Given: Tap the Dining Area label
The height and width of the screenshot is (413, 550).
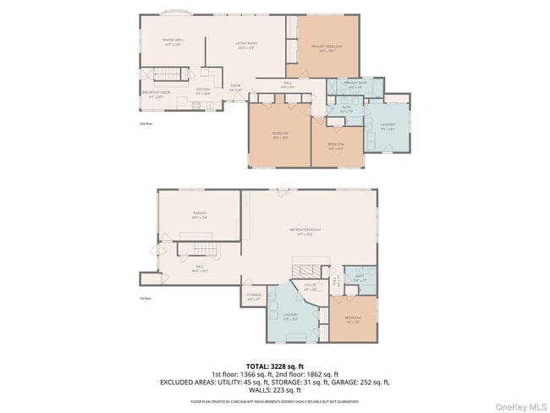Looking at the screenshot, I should pyautogui.click(x=173, y=41).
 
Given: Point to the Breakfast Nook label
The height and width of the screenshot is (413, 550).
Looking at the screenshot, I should pyautogui.click(x=156, y=93).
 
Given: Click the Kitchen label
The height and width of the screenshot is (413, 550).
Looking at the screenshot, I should pyautogui.click(x=203, y=90).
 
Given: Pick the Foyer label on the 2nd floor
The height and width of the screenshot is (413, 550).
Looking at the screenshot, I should pyautogui.click(x=235, y=86).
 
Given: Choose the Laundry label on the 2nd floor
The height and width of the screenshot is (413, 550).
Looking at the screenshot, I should pyautogui.click(x=388, y=125).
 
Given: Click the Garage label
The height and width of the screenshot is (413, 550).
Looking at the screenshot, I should pyautogui.click(x=200, y=215).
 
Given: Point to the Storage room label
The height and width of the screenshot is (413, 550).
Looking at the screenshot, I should pyautogui.click(x=254, y=297).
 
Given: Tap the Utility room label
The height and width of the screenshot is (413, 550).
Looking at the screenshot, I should pyautogui.click(x=311, y=286).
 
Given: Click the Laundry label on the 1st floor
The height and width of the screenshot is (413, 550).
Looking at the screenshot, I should pyautogui.click(x=290, y=318).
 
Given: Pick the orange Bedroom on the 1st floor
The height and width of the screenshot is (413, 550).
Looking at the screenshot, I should pyautogui.click(x=352, y=319).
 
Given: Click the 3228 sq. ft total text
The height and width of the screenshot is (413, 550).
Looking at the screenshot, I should pyautogui.click(x=274, y=366).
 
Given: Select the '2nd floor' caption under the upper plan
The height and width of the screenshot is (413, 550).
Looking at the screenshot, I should pyautogui.click(x=146, y=124).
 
